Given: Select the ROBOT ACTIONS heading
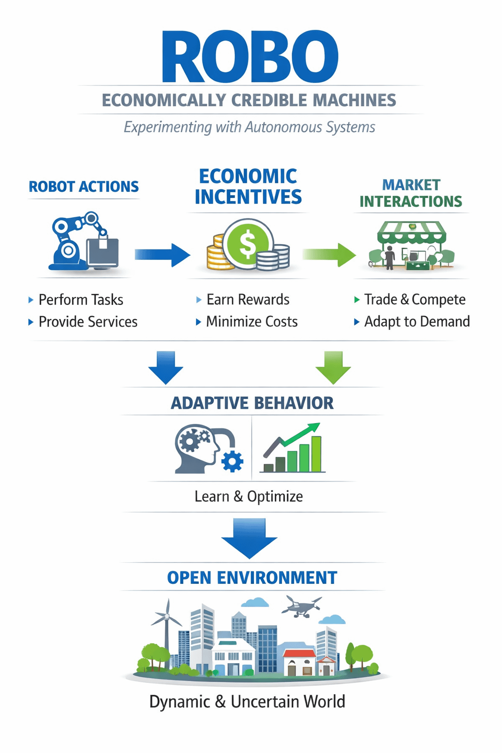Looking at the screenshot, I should [x=84, y=187].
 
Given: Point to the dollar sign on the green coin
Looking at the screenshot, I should [x=248, y=244].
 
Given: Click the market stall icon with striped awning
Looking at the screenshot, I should [x=411, y=245].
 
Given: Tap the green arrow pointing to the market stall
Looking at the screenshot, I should [x=329, y=254].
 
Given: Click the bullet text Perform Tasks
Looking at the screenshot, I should [x=81, y=300].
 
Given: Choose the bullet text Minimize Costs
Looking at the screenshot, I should [x=252, y=322].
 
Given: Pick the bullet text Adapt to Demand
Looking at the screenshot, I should [x=417, y=322].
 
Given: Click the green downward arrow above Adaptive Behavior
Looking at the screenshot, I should [x=333, y=367].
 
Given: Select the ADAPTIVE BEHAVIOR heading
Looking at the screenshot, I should [x=252, y=403].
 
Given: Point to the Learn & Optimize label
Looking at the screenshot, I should [x=249, y=497].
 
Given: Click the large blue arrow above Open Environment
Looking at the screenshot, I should [x=249, y=537].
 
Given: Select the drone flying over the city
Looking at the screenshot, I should [x=301, y=606].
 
